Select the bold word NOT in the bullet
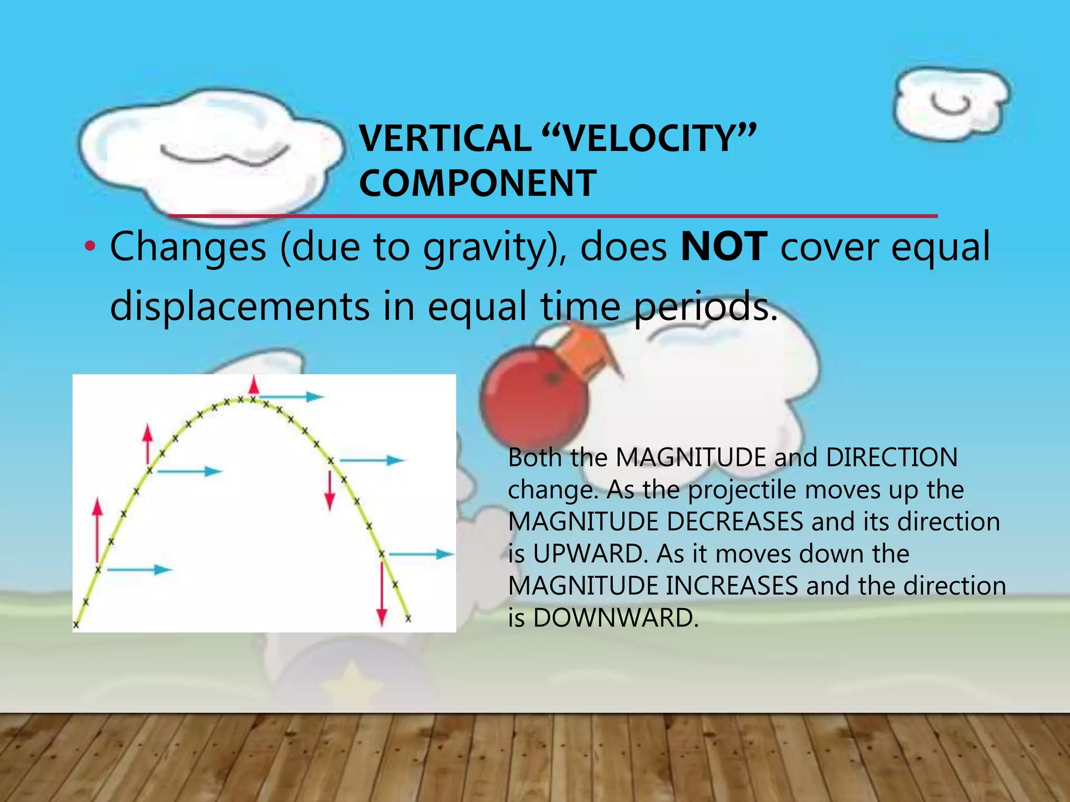coord(724,246)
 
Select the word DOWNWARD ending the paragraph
coord(615,618)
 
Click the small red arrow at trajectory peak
coord(254,385)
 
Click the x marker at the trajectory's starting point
coord(76,624)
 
